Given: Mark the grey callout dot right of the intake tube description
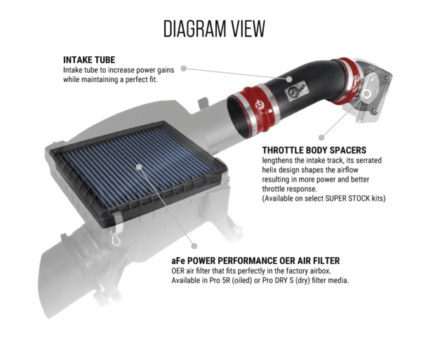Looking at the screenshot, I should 183,69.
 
